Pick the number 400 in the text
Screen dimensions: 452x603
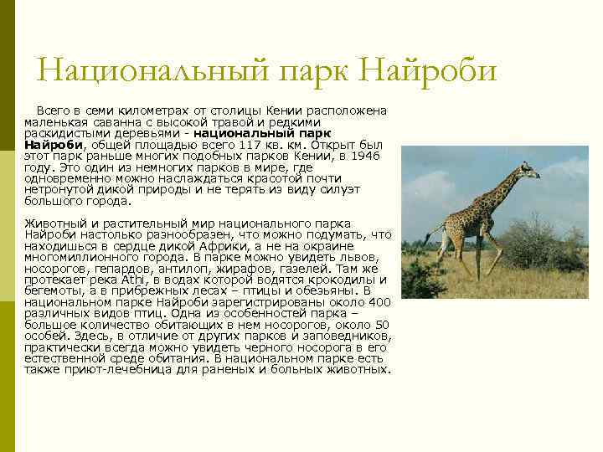[379, 301]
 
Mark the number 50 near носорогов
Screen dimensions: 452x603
[381, 324]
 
